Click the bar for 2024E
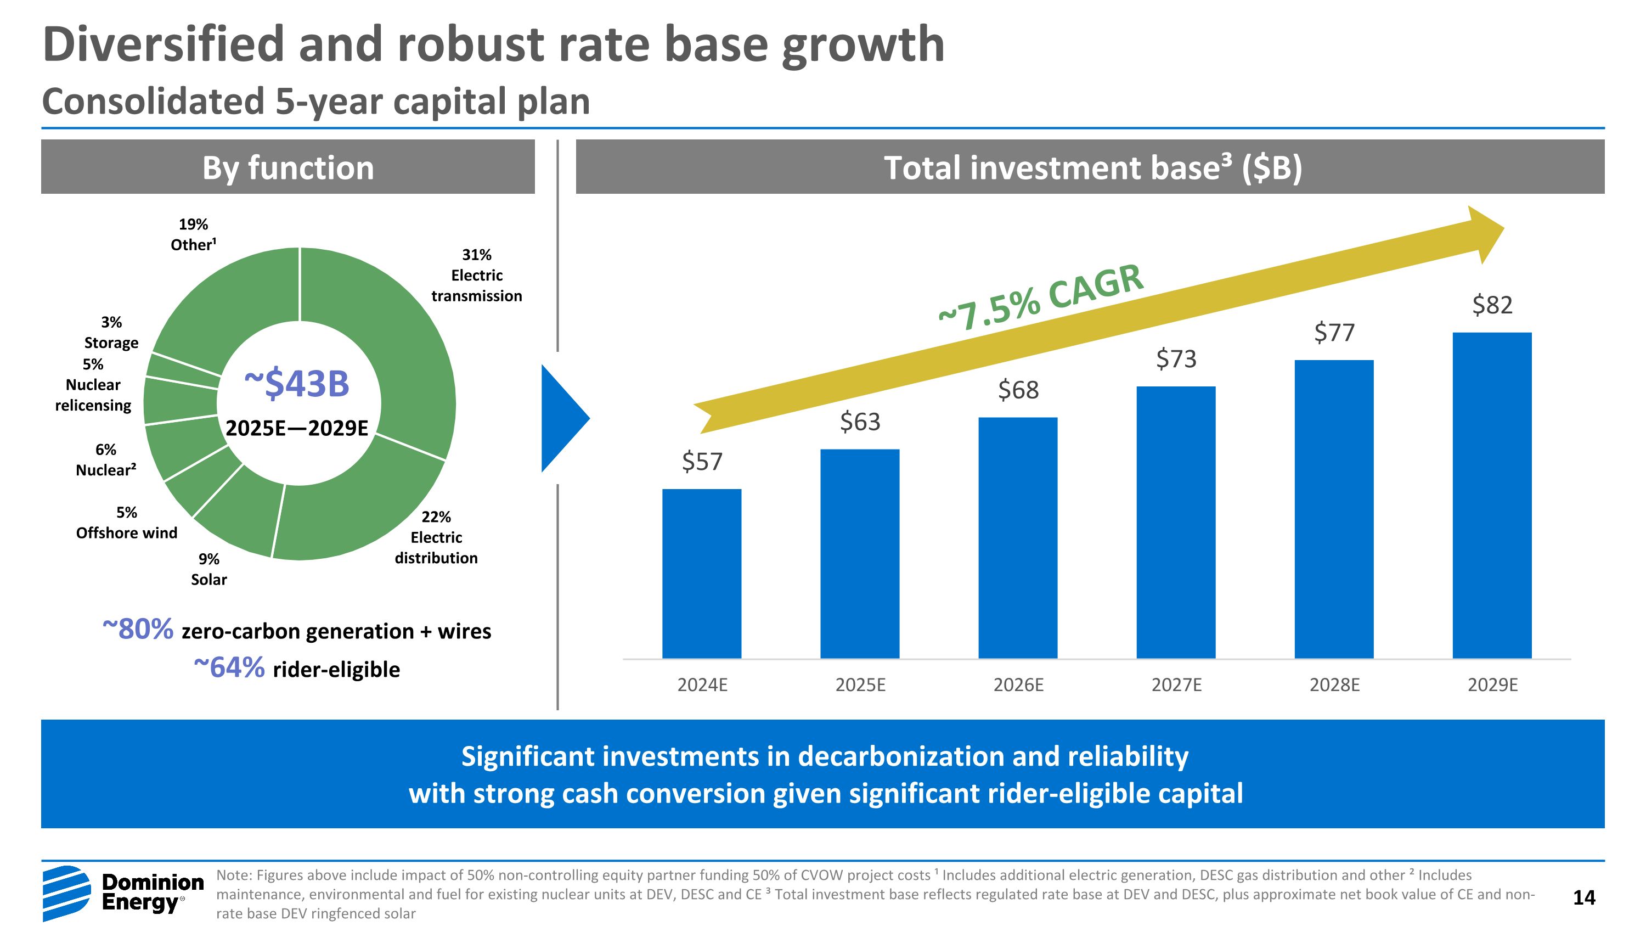tap(702, 573)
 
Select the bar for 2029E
tap(1491, 495)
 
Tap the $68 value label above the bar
tap(1018, 390)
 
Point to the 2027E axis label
tap(1176, 685)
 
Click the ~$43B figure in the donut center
tap(297, 384)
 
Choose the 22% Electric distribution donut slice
tap(358, 505)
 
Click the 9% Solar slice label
tap(209, 569)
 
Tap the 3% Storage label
tap(111, 332)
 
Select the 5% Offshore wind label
tap(127, 523)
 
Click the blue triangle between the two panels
tap(562, 419)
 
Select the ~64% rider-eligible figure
tap(229, 668)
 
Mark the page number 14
tap(1583, 897)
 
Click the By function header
tap(288, 167)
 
